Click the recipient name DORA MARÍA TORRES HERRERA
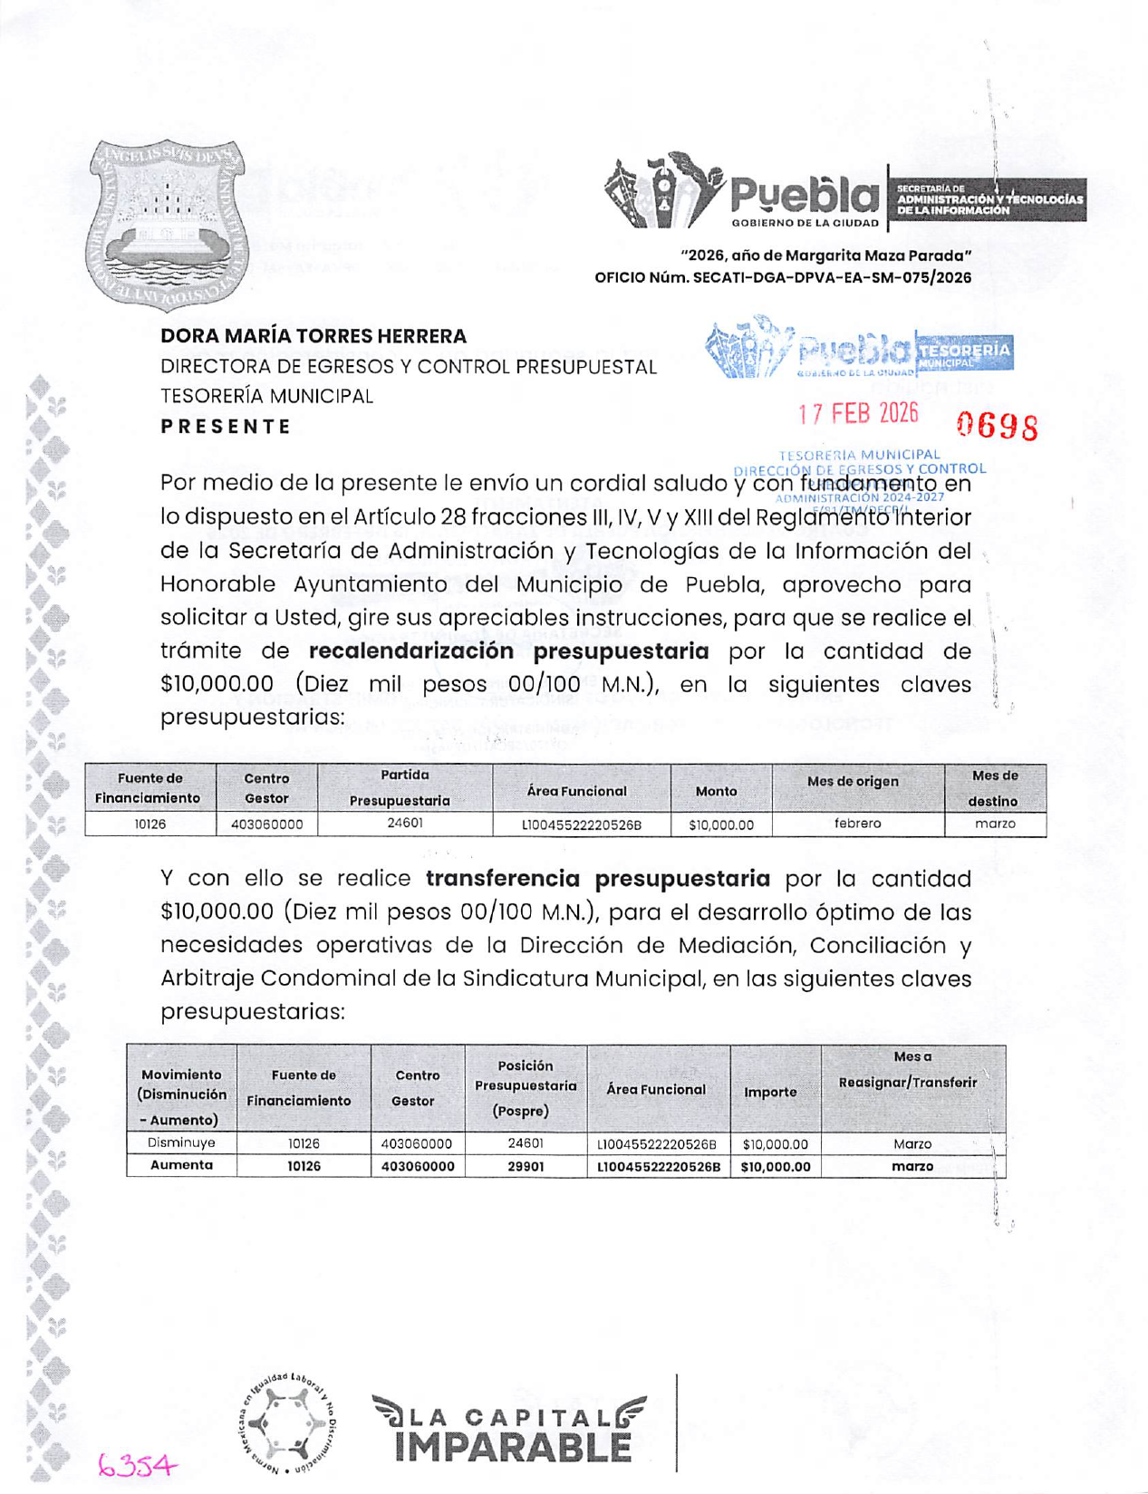click(x=314, y=336)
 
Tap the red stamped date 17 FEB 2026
click(x=857, y=414)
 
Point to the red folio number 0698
click(x=997, y=426)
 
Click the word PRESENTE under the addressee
click(x=227, y=427)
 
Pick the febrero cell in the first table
click(x=857, y=824)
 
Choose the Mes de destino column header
click(x=994, y=788)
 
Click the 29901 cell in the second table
click(x=526, y=1166)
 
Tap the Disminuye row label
click(x=181, y=1143)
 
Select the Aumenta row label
click(x=181, y=1165)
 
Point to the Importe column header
click(x=770, y=1092)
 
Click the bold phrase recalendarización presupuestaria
click(x=508, y=651)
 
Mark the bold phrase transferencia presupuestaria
click(x=598, y=879)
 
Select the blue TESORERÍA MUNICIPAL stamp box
click(x=963, y=352)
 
